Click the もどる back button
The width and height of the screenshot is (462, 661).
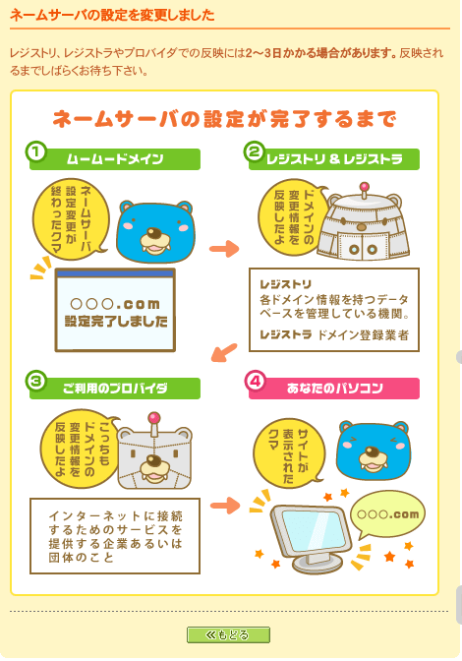(x=228, y=634)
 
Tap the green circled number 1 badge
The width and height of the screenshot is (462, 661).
(x=35, y=151)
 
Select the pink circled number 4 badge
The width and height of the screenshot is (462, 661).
(x=255, y=381)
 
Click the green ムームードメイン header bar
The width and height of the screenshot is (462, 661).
(x=115, y=159)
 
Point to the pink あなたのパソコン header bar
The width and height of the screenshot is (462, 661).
(x=334, y=389)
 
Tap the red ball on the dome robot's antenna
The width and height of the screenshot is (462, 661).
(x=365, y=187)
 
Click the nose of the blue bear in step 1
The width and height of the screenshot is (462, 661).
(x=154, y=233)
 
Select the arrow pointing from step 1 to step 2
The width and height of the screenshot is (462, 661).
(x=224, y=248)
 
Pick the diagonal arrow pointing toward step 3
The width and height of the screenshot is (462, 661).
(x=224, y=352)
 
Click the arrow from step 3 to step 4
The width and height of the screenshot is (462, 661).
(x=225, y=505)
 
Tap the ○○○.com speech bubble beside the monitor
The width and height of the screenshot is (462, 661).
(x=388, y=514)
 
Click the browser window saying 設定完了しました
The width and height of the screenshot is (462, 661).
(x=115, y=310)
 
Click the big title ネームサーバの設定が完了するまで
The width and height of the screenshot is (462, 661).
(x=224, y=118)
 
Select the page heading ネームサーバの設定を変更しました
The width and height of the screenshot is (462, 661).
(x=112, y=15)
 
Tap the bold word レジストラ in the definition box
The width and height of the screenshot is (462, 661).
(x=286, y=334)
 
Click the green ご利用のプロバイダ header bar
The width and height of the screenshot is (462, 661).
(x=115, y=389)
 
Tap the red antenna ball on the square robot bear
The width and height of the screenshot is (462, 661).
(x=154, y=417)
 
